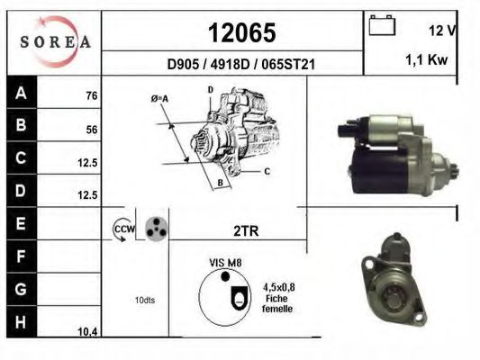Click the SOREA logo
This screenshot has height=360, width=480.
coord(55,41)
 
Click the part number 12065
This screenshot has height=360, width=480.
coord(242,32)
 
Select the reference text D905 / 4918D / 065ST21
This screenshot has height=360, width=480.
coord(241,64)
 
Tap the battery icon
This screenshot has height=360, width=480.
coord(382,25)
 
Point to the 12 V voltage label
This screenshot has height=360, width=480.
coord(442,31)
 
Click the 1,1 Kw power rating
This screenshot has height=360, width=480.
coord(427,59)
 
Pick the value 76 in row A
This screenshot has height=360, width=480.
coord(92,95)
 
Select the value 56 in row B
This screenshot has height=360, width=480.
coord(92,130)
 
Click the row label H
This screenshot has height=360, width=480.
coord(21,322)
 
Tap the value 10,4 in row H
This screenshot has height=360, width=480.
coord(87,332)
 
